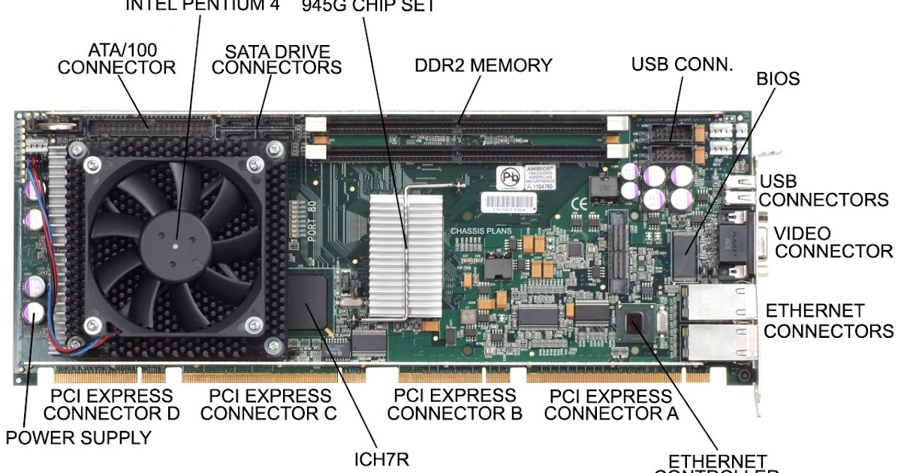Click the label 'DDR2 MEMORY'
483,65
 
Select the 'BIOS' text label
777,79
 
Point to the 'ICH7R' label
382,459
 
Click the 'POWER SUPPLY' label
79,437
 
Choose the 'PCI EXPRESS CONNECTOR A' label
611,404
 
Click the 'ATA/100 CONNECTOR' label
117,59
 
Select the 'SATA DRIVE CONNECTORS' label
277,59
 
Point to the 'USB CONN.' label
682,65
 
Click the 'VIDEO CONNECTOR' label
833,242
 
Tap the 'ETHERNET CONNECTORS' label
828,321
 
